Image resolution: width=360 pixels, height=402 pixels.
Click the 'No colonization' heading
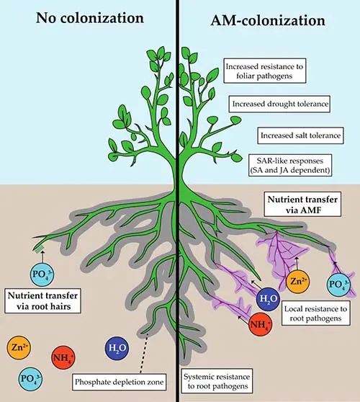coord(90,18)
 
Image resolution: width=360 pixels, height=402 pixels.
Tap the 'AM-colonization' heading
coord(268,20)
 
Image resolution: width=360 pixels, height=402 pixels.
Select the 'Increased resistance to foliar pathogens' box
coord(265,71)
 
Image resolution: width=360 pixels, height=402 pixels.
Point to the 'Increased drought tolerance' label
coord(279,104)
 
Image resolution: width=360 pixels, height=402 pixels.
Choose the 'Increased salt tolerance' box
coord(300,135)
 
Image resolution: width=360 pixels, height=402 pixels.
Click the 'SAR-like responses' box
coord(290,166)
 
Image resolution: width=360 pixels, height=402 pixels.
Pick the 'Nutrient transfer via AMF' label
coord(302,204)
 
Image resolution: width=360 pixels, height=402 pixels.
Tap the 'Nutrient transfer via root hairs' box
coord(42,300)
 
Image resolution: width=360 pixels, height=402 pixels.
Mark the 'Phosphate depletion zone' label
coord(119,382)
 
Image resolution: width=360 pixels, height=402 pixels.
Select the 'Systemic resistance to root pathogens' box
coord(217,381)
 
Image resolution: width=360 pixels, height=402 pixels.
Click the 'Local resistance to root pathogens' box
coord(315,313)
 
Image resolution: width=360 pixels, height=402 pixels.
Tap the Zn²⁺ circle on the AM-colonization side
coord(297,282)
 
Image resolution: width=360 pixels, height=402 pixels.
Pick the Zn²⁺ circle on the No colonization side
coord(19,348)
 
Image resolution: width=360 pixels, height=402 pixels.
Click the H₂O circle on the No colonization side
coord(117,348)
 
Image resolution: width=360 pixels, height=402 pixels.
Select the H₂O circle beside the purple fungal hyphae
coord(268,299)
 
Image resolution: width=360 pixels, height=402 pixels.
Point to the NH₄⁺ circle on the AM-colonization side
coord(261,324)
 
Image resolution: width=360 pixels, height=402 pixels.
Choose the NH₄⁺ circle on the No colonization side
coord(63,357)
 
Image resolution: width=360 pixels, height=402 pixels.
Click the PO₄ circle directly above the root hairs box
coord(42,274)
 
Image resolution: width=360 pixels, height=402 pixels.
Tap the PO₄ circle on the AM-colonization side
coord(338,285)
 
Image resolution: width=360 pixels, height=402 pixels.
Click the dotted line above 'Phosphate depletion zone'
coord(144,353)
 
